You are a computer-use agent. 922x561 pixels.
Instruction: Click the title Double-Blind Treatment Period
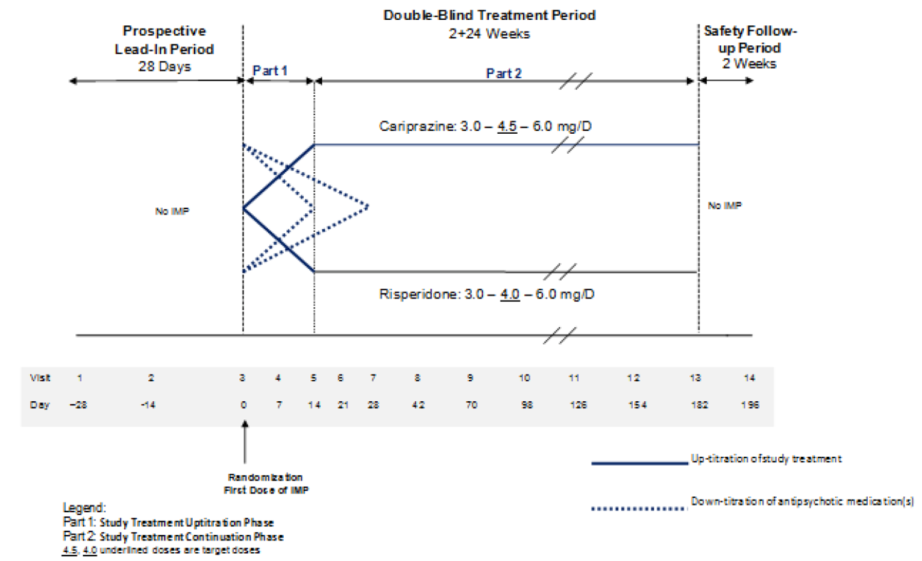pyautogui.click(x=489, y=16)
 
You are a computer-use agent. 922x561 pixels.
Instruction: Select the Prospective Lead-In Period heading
pyautogui.click(x=164, y=40)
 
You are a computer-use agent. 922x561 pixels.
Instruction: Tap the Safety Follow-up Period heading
pyautogui.click(x=750, y=39)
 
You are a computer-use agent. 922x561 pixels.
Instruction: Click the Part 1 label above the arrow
pyautogui.click(x=269, y=71)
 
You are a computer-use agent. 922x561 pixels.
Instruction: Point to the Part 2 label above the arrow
pyautogui.click(x=504, y=73)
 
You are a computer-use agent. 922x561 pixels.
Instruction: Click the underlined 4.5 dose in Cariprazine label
pyautogui.click(x=507, y=127)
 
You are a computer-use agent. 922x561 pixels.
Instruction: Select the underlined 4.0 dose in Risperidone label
pyautogui.click(x=510, y=294)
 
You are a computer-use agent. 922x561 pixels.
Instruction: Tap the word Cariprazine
pyautogui.click(x=416, y=127)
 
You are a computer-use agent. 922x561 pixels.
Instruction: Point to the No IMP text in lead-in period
pyautogui.click(x=172, y=211)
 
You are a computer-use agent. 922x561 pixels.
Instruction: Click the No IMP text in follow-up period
pyautogui.click(x=724, y=205)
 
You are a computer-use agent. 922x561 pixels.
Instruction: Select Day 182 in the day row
pyautogui.click(x=699, y=405)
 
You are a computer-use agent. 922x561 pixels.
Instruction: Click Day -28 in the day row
pyautogui.click(x=78, y=405)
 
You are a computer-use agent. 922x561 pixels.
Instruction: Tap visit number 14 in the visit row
pyautogui.click(x=749, y=378)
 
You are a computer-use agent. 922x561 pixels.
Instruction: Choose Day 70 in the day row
pyautogui.click(x=471, y=405)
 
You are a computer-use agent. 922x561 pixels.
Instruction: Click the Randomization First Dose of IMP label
pyautogui.click(x=266, y=484)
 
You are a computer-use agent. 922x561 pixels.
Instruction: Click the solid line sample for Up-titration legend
pyautogui.click(x=639, y=463)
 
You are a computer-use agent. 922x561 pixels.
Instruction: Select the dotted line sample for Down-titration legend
pyautogui.click(x=639, y=509)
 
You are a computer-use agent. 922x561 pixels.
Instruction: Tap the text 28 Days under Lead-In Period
pyautogui.click(x=164, y=66)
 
